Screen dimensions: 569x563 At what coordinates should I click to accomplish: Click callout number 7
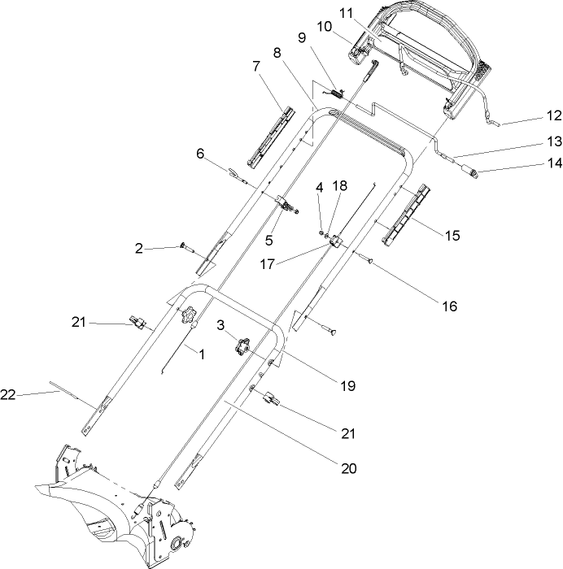[256, 64]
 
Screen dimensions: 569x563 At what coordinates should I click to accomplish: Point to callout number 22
[8, 394]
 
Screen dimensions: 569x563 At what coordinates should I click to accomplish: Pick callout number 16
[449, 306]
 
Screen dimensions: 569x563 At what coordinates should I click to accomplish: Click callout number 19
[347, 386]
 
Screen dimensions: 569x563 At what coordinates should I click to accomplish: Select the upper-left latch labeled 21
[137, 323]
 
